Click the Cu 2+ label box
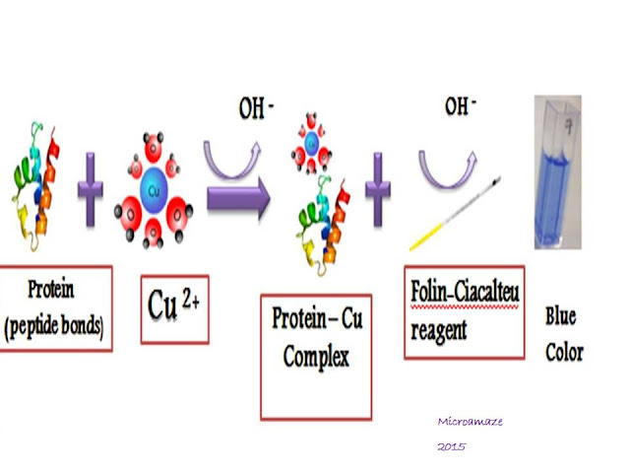click(x=174, y=308)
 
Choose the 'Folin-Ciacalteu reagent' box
click(x=464, y=311)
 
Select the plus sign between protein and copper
click(x=92, y=188)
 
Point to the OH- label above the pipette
click(x=460, y=106)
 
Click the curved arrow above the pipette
click(x=453, y=155)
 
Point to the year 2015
click(x=453, y=446)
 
